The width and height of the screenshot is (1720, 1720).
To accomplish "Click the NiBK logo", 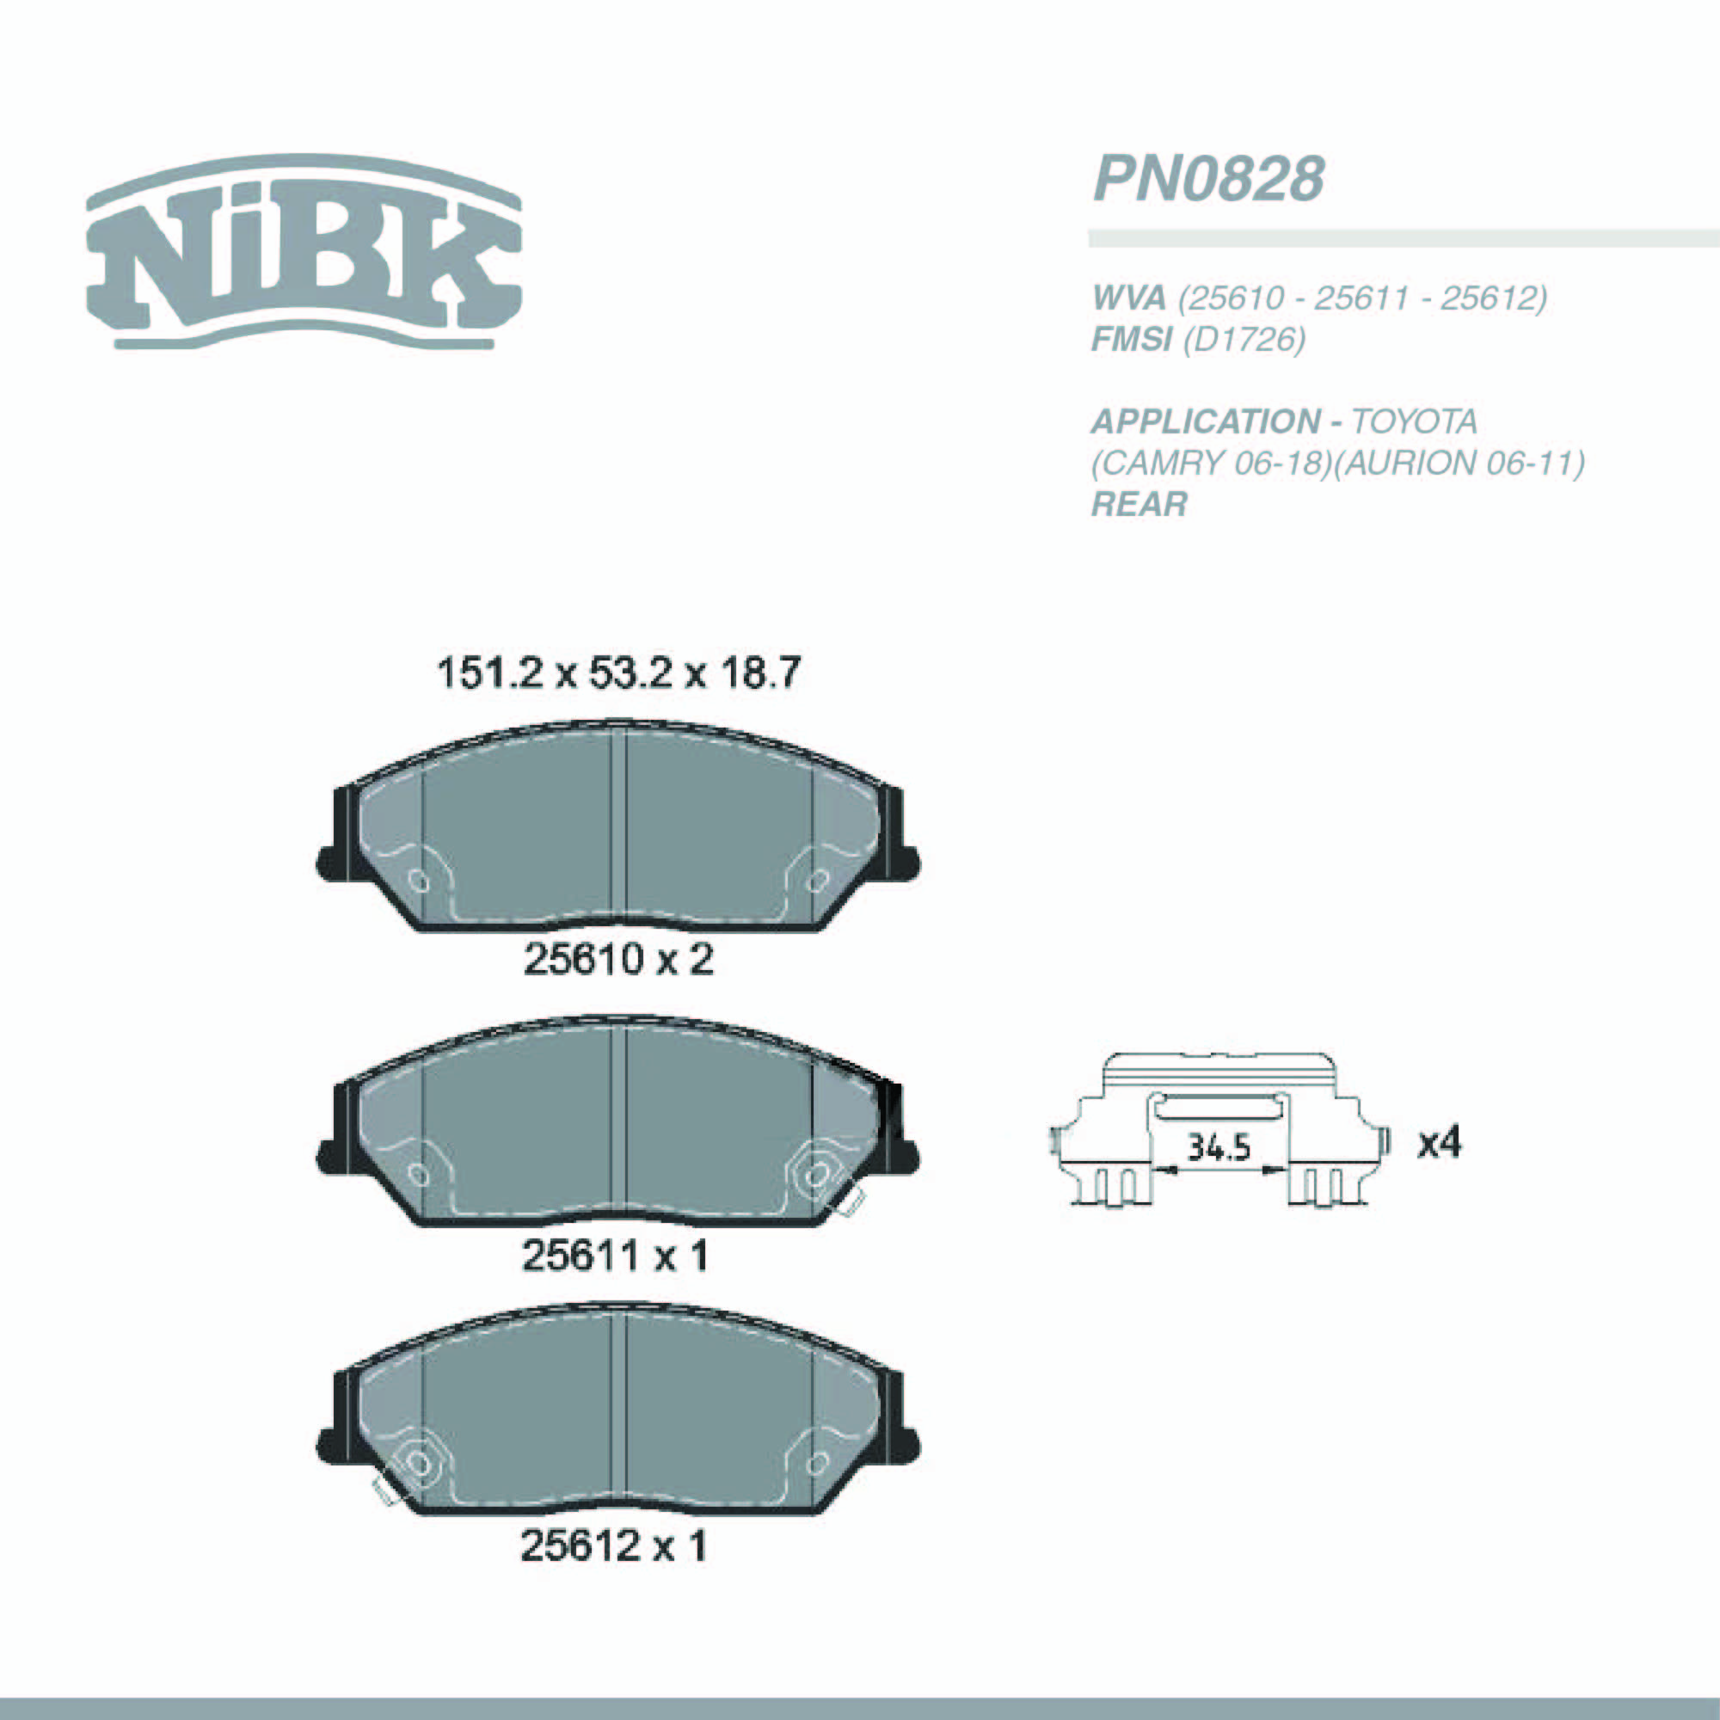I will (x=304, y=253).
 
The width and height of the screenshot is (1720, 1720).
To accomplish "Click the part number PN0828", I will (x=1208, y=179).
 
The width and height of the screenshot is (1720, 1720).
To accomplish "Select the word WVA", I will (x=1128, y=298).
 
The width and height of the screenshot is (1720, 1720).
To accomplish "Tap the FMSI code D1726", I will (x=1244, y=339).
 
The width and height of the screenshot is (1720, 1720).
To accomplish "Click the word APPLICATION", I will (x=1206, y=421).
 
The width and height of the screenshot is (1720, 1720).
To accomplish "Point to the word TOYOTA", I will (x=1415, y=421).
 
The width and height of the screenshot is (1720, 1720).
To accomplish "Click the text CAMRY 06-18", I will (x=1210, y=463).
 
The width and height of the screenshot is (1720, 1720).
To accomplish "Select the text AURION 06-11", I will (x=1460, y=463).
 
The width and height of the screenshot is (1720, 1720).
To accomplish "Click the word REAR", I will (x=1139, y=505).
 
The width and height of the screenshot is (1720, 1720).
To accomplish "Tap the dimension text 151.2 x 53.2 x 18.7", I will (x=618, y=673).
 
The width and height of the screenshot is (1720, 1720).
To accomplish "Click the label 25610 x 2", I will (x=617, y=960).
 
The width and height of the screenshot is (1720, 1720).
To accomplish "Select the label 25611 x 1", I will (x=614, y=1256).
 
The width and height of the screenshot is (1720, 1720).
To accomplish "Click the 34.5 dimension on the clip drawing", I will (x=1219, y=1147).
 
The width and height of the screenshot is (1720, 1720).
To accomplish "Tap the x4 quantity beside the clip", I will (x=1439, y=1142).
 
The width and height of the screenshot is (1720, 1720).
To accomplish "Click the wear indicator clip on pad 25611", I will (x=846, y=1204).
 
